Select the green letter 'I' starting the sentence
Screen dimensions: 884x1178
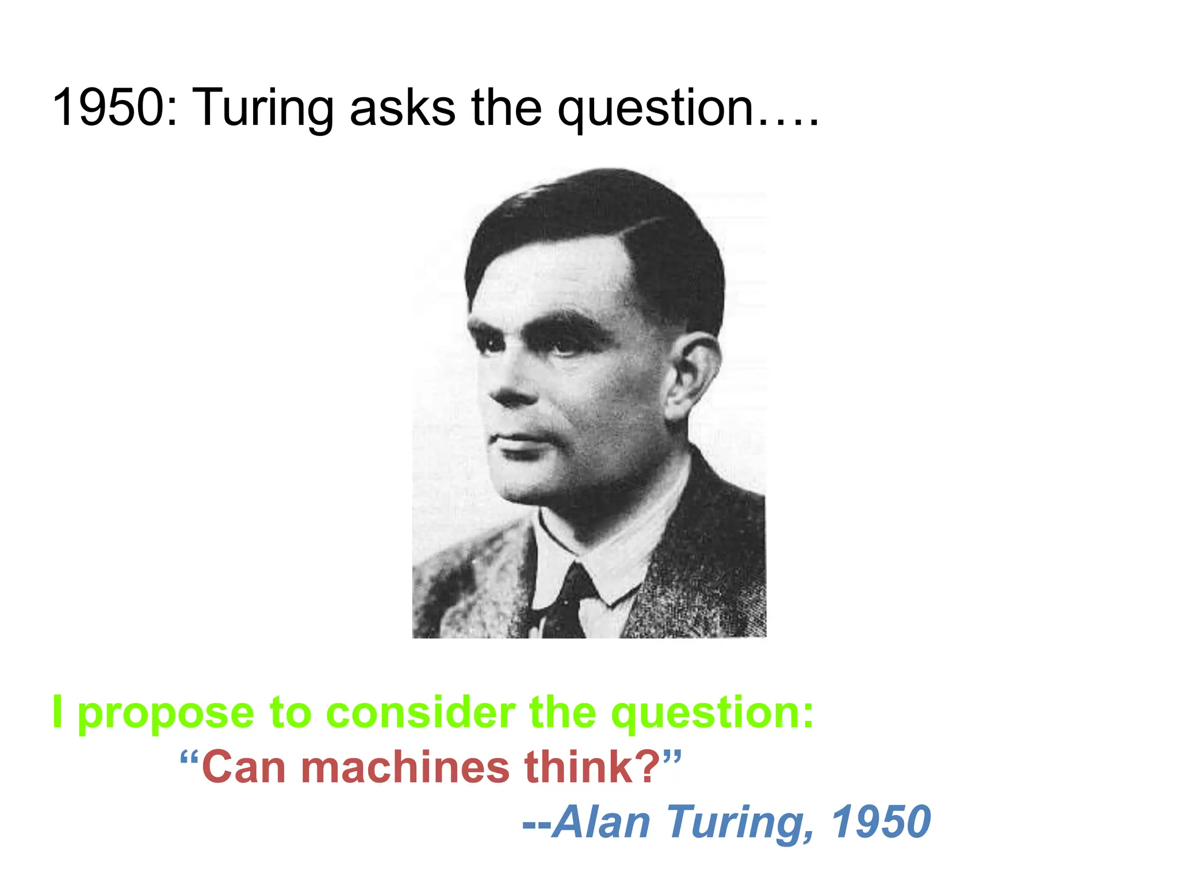click(57, 712)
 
